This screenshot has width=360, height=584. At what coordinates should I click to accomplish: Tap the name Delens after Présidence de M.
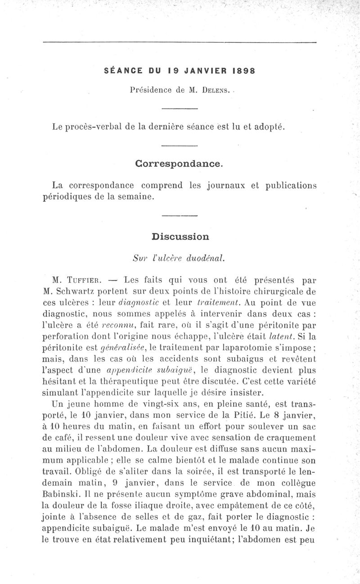(x=213, y=90)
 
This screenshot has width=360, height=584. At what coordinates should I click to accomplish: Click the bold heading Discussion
(x=180, y=236)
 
